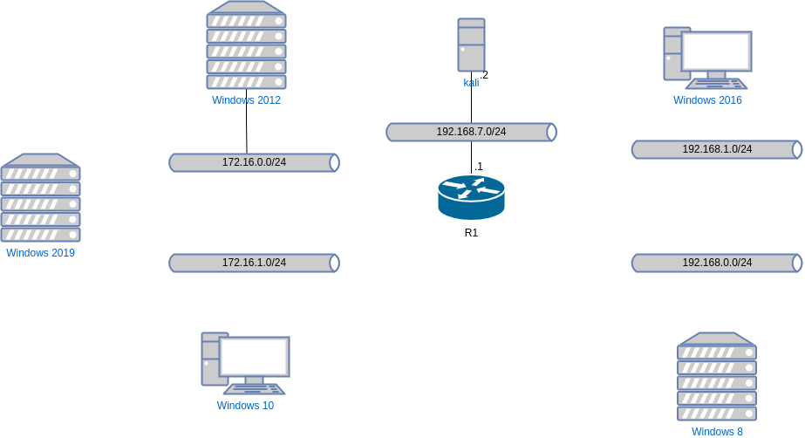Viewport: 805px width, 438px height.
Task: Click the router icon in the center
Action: (471, 196)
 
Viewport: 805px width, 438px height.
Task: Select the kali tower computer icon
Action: (471, 45)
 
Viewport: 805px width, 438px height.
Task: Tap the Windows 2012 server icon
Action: (246, 45)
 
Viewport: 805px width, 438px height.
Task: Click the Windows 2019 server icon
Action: (41, 199)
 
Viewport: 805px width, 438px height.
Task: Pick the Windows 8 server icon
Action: (716, 377)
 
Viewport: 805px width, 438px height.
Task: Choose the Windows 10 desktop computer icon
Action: (245, 364)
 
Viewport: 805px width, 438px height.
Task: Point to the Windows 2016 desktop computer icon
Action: (706, 58)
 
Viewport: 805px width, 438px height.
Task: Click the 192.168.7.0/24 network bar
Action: (471, 132)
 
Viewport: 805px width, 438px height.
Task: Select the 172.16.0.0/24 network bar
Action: (254, 162)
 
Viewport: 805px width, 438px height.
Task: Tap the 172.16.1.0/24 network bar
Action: (254, 263)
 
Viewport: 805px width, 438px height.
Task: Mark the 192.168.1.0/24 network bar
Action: (716, 149)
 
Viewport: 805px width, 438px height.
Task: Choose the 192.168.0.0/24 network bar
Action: (716, 263)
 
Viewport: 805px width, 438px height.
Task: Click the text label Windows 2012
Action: (246, 100)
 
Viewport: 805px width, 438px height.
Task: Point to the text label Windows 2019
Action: (41, 253)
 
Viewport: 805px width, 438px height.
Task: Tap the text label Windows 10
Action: (245, 406)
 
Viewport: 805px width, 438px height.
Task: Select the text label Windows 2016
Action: (707, 100)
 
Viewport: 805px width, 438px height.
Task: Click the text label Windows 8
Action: (717, 432)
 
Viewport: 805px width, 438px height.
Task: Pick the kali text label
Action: (471, 83)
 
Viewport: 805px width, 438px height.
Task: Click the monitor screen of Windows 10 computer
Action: (254, 356)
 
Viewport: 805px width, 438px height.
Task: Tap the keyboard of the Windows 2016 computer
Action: (716, 85)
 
